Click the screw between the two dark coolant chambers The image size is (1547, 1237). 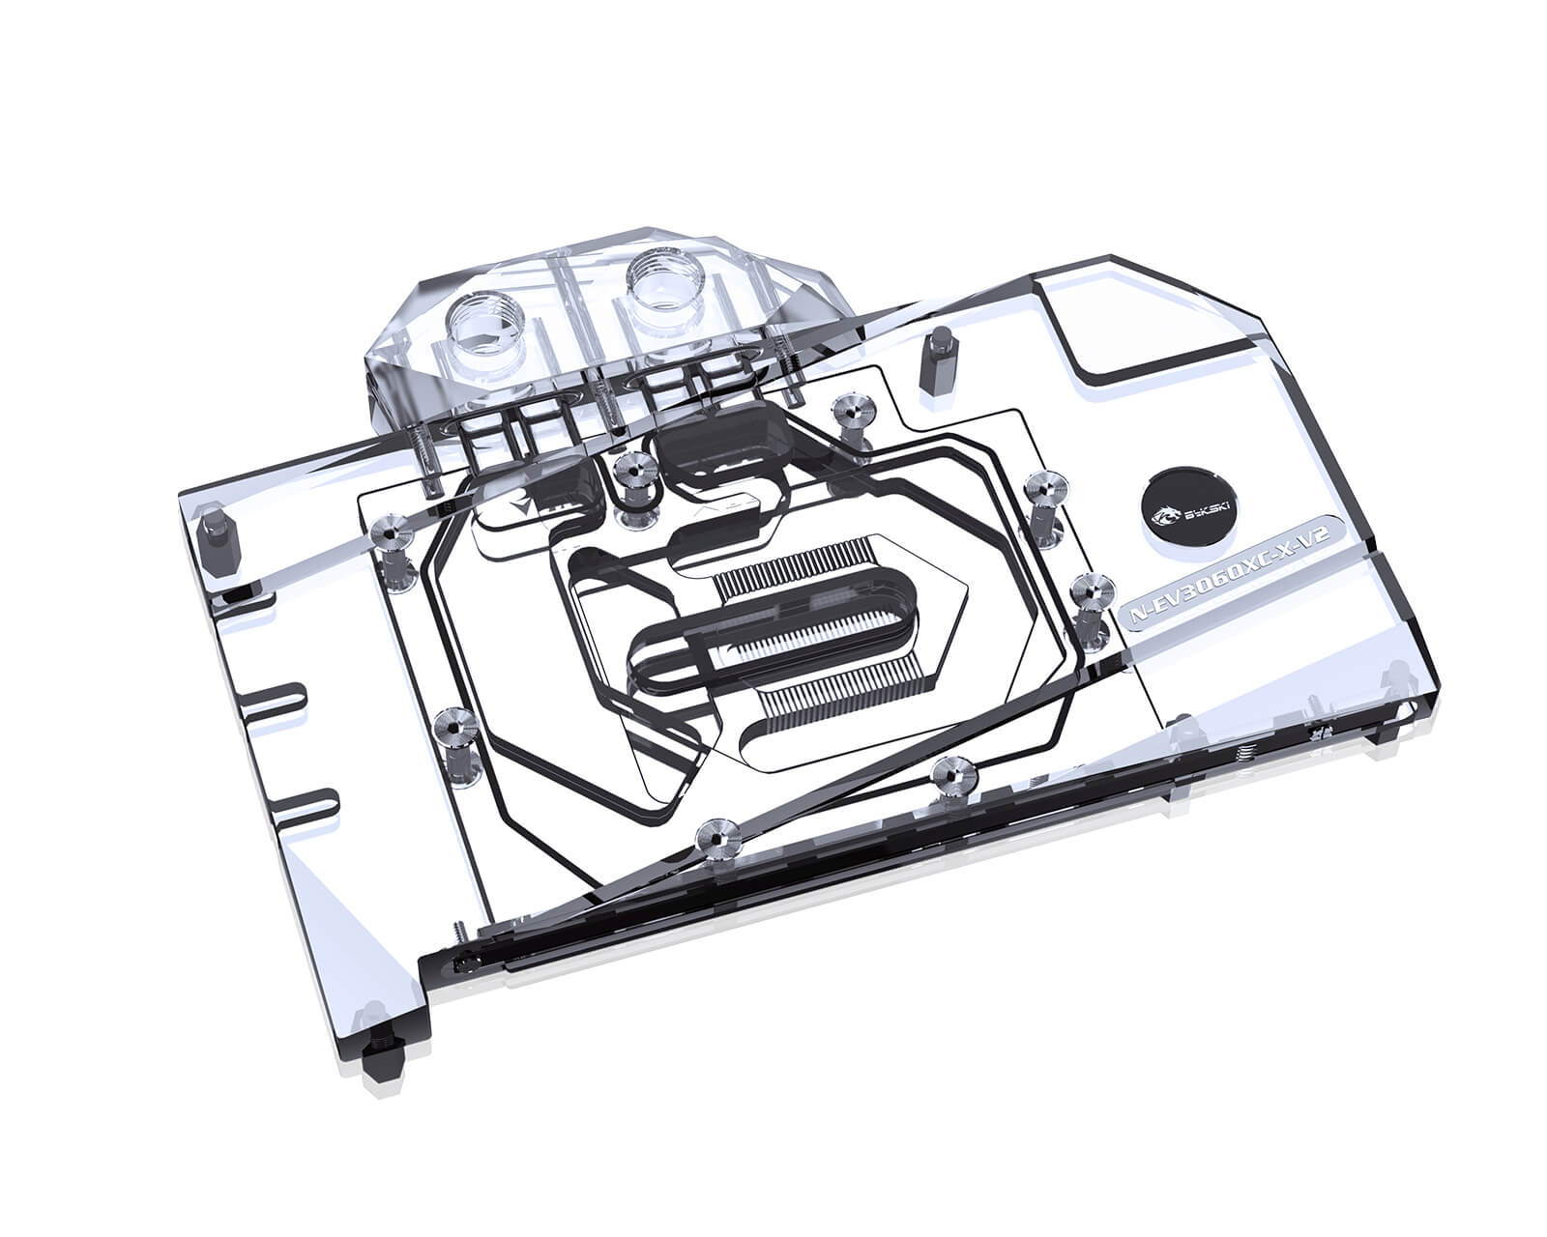(x=631, y=471)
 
